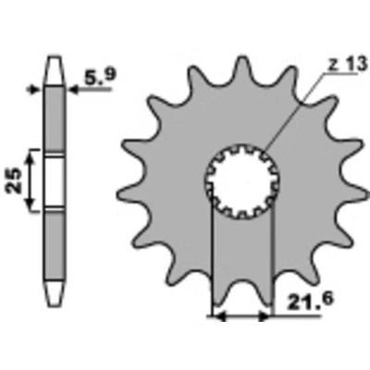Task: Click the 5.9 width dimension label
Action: point(99,76)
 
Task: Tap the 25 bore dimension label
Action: point(14,180)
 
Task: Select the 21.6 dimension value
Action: point(310,302)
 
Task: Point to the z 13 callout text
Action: point(348,64)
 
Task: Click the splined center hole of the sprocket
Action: point(242,181)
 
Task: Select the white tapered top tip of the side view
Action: point(55,70)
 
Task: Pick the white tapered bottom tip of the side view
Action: point(55,293)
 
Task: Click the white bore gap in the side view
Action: point(55,181)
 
